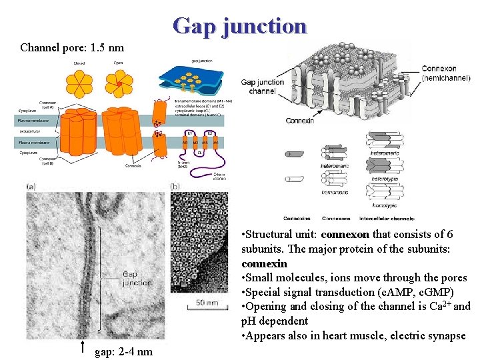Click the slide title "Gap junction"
(239, 26)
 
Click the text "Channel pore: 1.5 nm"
(72, 48)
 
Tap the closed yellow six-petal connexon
(79, 83)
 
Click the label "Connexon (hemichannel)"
(446, 73)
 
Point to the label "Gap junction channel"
(262, 86)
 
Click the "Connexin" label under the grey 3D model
(299, 121)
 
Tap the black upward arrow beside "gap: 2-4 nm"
(81, 346)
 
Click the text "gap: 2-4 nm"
(124, 351)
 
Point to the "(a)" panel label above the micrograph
(31, 187)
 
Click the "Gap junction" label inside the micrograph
(137, 278)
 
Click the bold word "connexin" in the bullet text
(264, 263)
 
